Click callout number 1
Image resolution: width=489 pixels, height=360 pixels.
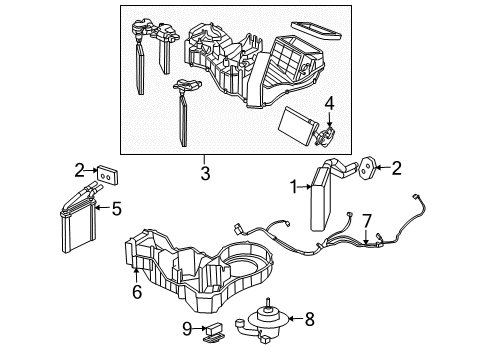tap(293, 185)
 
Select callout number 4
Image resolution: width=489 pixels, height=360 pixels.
tap(329, 103)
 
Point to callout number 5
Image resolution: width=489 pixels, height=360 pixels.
tap(117, 209)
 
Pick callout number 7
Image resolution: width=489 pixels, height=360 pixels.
tap(367, 219)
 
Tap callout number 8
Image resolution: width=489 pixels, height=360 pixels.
tap(309, 320)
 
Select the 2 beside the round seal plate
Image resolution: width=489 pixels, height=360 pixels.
tap(396, 169)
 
